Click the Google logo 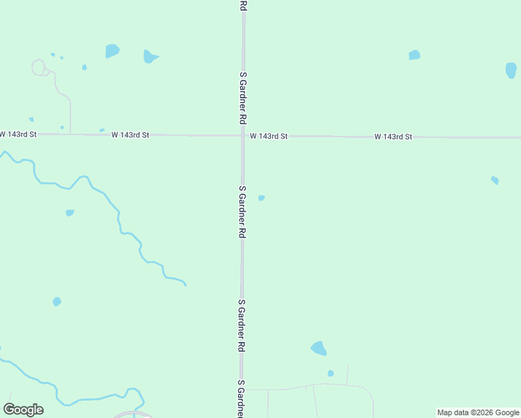(x=23, y=410)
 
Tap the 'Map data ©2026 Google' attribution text (x=479, y=412)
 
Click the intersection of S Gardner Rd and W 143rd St (x=243, y=136)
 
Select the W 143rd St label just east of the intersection (x=269, y=137)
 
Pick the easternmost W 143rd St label (x=393, y=137)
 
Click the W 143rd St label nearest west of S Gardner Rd (x=130, y=134)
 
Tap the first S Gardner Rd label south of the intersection (x=242, y=212)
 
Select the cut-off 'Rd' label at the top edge (x=243, y=6)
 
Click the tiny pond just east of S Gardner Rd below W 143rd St (x=261, y=198)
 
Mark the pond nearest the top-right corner (x=511, y=70)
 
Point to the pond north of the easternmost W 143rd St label (x=414, y=55)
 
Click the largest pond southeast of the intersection (x=318, y=348)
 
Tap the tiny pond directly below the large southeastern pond (x=330, y=373)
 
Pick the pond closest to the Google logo (x=57, y=302)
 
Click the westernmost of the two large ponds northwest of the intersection (x=111, y=51)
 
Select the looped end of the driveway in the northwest (x=38, y=67)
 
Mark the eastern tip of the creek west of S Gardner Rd (x=185, y=285)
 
